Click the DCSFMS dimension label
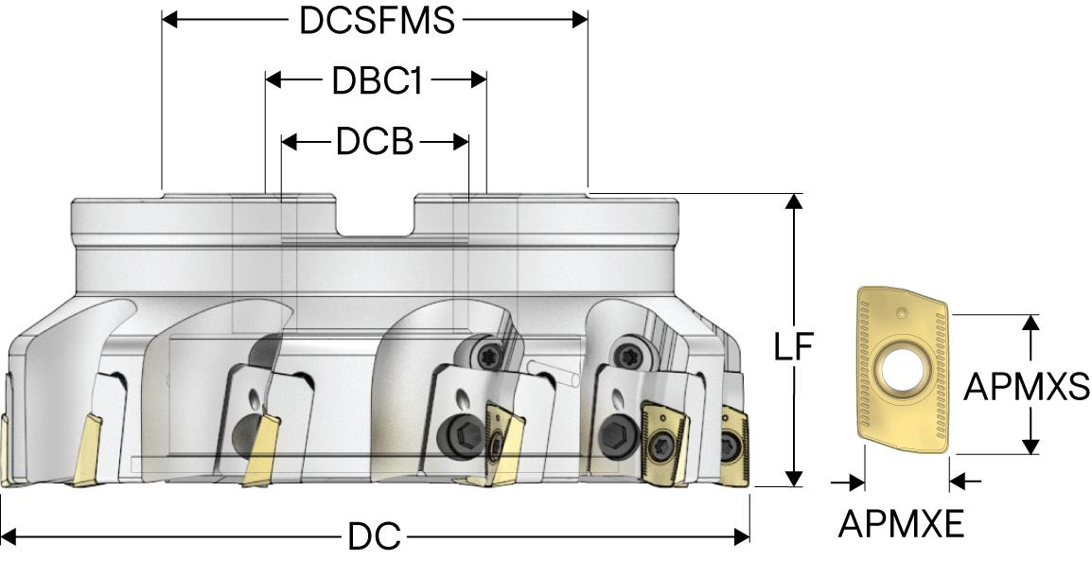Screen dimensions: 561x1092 [x=377, y=20]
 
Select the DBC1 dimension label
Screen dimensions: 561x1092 [x=376, y=81]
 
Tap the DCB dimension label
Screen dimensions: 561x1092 [x=375, y=143]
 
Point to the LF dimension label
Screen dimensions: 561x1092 [x=794, y=347]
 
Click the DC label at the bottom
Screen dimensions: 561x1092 [x=374, y=537]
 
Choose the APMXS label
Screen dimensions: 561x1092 [x=1027, y=386]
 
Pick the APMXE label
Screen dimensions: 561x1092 [x=901, y=523]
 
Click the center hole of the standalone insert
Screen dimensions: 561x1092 [x=901, y=365]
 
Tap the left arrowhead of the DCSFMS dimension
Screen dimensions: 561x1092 [x=170, y=19]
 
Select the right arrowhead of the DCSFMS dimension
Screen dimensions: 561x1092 [x=579, y=19]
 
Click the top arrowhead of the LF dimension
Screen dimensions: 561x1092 [x=796, y=202]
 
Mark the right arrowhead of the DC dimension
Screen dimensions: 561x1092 [x=742, y=537]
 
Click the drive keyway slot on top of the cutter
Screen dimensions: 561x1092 [x=376, y=216]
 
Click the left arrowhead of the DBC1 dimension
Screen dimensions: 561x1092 [x=273, y=80]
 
